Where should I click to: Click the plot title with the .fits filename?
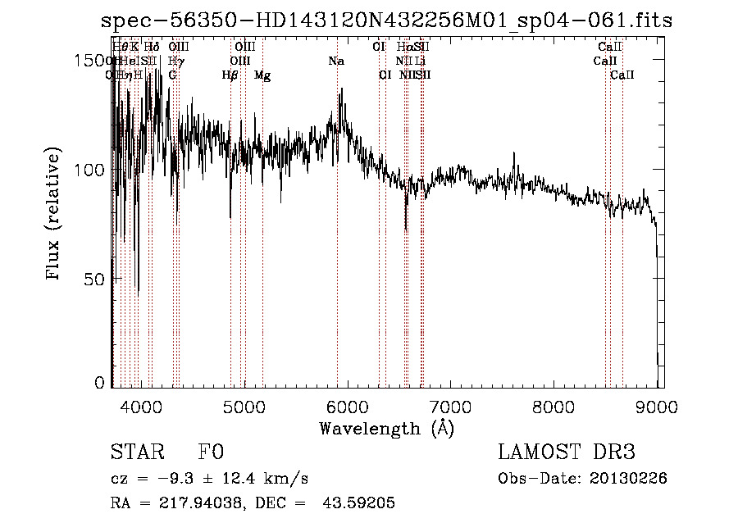(x=386, y=20)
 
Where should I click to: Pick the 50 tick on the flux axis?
(x=94, y=279)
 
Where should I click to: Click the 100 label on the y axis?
(x=89, y=170)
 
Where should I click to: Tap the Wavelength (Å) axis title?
(x=386, y=428)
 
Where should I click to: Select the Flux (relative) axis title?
(x=55, y=214)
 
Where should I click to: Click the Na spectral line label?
(x=336, y=61)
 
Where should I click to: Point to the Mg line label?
(x=262, y=75)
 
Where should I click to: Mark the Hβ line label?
(x=230, y=75)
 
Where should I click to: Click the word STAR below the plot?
(x=136, y=453)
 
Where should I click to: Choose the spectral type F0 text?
(x=211, y=453)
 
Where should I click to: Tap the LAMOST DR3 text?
(x=567, y=453)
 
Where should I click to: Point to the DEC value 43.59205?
(x=358, y=503)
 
